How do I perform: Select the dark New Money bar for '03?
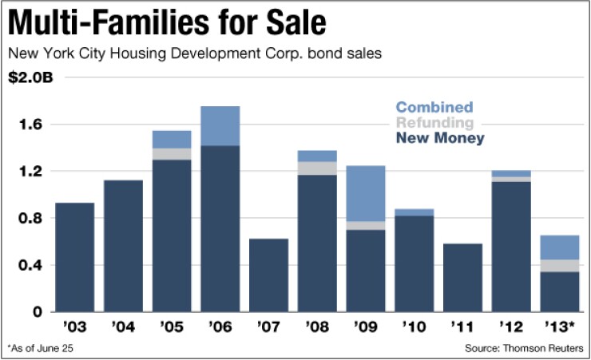pos(74,257)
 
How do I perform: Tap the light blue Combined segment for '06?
pos(220,126)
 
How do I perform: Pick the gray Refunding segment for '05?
pos(172,154)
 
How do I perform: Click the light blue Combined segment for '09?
pos(365,193)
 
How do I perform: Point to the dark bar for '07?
pos(268,275)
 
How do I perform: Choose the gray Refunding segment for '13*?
pos(559,266)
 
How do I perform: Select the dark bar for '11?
pos(462,277)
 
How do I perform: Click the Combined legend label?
pos(434,107)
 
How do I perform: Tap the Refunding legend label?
pos(435,123)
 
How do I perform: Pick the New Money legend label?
pos(439,139)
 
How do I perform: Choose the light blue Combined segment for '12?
pos(511,173)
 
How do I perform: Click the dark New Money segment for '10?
pos(414,263)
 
